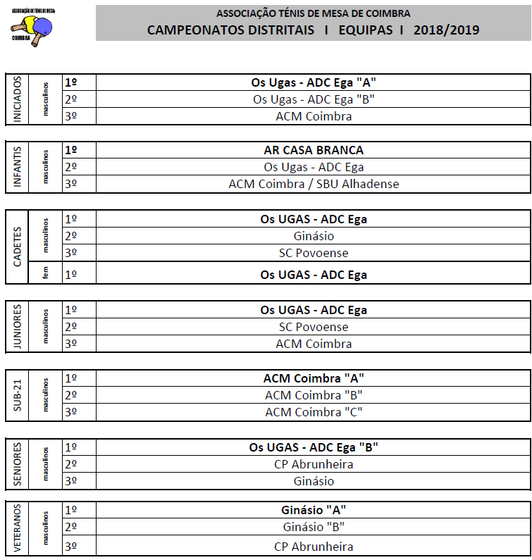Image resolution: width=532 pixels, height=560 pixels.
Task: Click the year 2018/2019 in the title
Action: coord(446,30)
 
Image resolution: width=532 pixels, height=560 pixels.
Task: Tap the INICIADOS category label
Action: coord(18,99)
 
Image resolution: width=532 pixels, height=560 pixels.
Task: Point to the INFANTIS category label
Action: coord(18,167)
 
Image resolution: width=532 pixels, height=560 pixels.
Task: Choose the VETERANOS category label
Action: coord(18,528)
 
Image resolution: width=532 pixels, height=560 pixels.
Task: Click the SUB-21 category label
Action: coord(18,394)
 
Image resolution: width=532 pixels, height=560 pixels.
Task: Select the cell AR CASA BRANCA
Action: coord(314,150)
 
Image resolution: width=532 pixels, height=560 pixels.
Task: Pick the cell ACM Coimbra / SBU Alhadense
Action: coord(314,184)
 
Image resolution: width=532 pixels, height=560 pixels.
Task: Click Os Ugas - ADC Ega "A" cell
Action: coord(314,82)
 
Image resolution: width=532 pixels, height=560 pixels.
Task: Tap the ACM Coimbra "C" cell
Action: coord(314,412)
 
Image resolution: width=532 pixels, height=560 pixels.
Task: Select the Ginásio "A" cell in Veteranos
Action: coord(314,509)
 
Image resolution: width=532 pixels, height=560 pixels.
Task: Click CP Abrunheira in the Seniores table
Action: coord(314,464)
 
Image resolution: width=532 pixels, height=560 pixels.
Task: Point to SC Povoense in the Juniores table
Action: coord(314,327)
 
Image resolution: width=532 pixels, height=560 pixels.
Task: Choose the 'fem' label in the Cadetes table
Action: coord(45,273)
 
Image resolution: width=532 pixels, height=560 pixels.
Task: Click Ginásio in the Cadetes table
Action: coord(314,236)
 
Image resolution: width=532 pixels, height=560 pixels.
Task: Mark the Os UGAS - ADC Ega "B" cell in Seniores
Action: coord(314,447)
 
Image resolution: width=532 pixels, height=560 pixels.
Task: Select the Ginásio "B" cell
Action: coord(314,527)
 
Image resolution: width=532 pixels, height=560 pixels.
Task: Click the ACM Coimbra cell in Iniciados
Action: coord(314,116)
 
